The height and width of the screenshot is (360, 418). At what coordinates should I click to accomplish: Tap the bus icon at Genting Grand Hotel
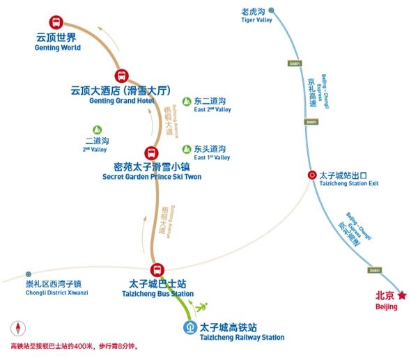tap(121, 76)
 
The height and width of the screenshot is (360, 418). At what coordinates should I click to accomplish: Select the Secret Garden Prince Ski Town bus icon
tap(150, 153)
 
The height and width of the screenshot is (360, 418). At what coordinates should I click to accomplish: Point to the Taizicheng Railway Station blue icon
tap(189, 327)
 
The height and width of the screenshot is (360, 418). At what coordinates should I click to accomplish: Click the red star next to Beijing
tap(402, 295)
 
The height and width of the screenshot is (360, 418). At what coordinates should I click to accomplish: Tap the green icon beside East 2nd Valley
tap(186, 102)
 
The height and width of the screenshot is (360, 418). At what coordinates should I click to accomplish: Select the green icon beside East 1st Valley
tap(186, 149)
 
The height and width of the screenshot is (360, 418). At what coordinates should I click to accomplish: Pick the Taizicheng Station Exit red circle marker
tap(312, 175)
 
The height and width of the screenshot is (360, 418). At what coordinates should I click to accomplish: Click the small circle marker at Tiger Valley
tap(270, 10)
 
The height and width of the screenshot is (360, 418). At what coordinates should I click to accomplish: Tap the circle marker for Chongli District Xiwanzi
tap(29, 274)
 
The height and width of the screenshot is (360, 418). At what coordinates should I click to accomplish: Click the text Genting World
tap(57, 48)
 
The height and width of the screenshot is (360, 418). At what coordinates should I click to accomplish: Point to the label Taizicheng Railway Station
tap(242, 338)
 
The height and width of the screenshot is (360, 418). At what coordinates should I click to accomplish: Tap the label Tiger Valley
tap(256, 20)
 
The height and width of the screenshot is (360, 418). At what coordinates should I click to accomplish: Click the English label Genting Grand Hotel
tap(121, 101)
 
